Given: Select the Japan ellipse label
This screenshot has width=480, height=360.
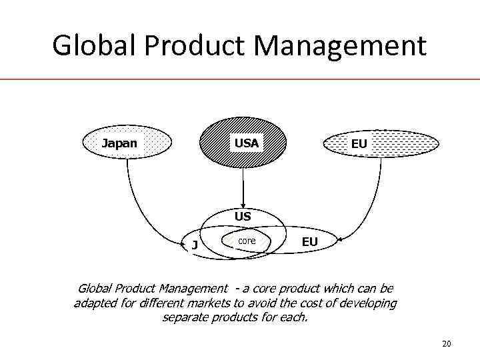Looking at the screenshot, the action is [119, 143].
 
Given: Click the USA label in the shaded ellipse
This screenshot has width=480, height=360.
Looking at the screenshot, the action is [245, 143].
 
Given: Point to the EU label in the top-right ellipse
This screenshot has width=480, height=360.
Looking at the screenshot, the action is [359, 144].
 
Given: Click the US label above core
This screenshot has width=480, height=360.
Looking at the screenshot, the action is [243, 216].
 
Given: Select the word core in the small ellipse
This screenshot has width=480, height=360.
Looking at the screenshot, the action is [247, 240].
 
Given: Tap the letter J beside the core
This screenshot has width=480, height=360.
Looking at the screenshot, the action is [194, 245].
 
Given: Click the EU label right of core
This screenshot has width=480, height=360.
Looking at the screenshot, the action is [309, 241].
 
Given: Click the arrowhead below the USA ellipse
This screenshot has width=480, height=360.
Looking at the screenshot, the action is [243, 205].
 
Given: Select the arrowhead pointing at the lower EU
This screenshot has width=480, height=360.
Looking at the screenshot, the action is [339, 239].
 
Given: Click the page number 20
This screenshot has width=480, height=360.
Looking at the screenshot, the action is [447, 343].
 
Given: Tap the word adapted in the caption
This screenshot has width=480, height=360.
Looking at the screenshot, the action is [96, 303].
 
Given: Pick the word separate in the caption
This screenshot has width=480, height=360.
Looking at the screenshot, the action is [186, 317].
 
